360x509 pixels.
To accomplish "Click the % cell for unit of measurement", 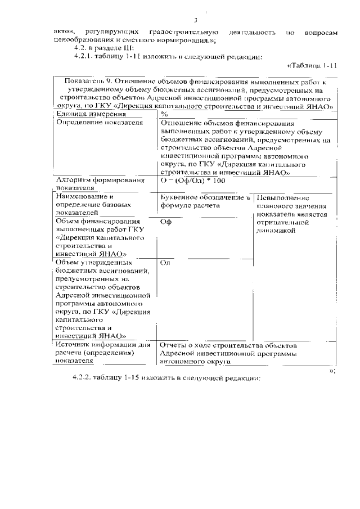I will click(164, 114).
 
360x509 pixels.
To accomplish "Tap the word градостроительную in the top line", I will click(179, 32).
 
